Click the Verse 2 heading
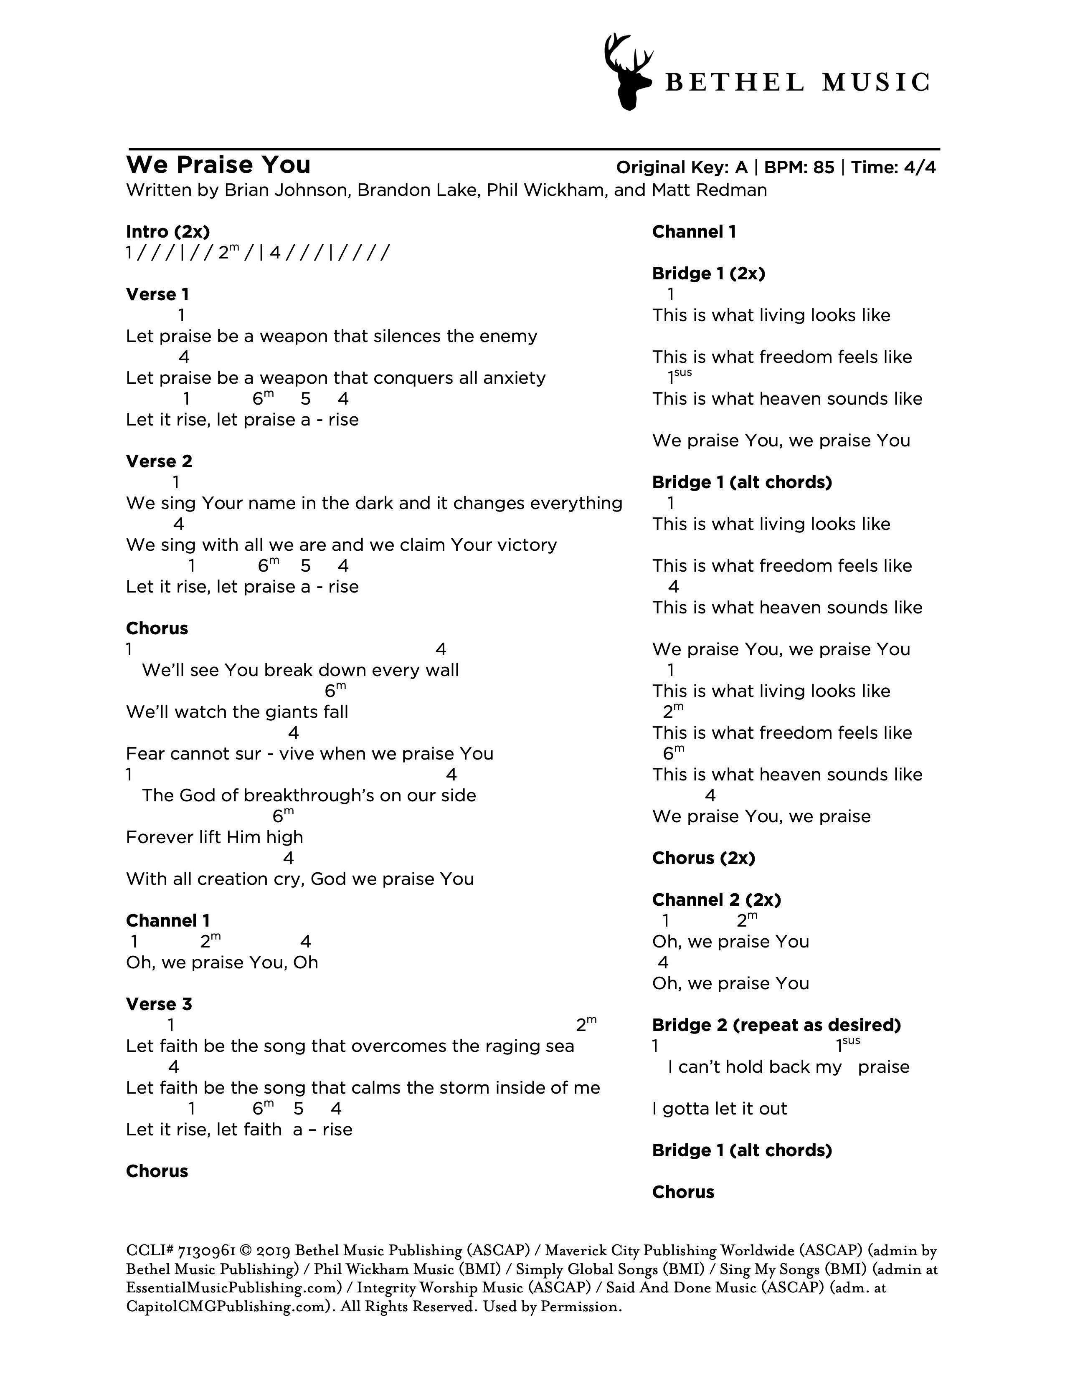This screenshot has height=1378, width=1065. pos(159,461)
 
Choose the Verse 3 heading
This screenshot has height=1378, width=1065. pos(159,1004)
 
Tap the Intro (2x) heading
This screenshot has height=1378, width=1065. pos(168,232)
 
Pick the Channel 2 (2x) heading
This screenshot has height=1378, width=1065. pos(716,900)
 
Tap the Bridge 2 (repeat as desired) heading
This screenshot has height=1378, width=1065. pos(776,1025)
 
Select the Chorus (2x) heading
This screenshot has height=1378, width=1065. pos(703,858)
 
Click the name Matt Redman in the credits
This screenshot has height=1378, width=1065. pos(709,190)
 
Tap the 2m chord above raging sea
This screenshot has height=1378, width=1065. pos(586,1025)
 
